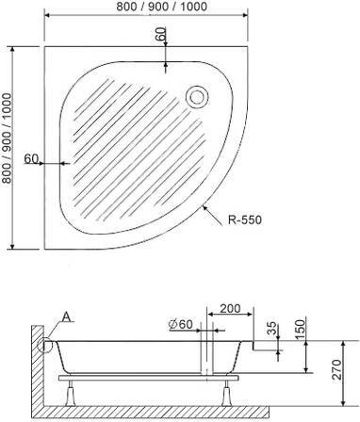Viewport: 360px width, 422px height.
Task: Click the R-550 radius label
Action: point(245,219)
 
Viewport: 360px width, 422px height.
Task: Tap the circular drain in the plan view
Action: point(197,97)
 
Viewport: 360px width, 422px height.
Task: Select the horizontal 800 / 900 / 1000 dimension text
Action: point(162,7)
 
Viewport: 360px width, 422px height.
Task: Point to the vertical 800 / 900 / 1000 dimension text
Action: point(7,138)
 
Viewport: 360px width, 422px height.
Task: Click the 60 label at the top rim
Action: point(161,34)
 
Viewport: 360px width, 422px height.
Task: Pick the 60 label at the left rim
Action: point(31,159)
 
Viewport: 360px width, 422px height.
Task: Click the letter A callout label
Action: point(67,317)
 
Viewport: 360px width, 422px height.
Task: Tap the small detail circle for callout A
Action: point(44,345)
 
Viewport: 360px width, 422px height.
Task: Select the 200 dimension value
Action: point(230,308)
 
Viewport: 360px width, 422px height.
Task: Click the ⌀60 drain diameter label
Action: point(180,324)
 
